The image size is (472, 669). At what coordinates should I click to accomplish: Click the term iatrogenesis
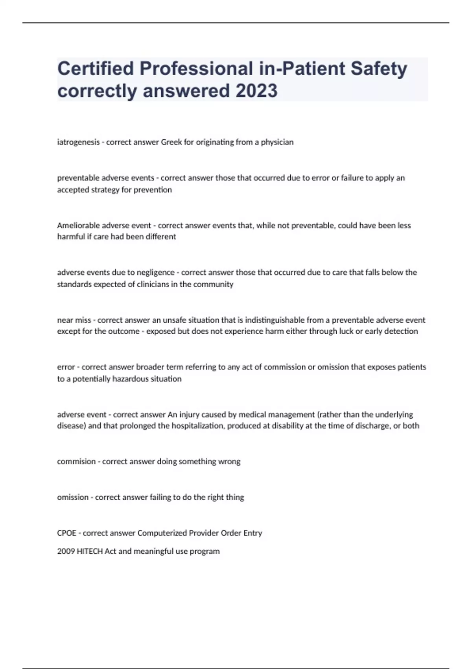[78, 142]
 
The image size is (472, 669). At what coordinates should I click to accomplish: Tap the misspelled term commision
[76, 462]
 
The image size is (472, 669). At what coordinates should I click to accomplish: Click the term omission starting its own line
[73, 497]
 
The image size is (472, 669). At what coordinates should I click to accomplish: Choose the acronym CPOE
[66, 533]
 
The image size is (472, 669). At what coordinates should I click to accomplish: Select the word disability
[288, 426]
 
